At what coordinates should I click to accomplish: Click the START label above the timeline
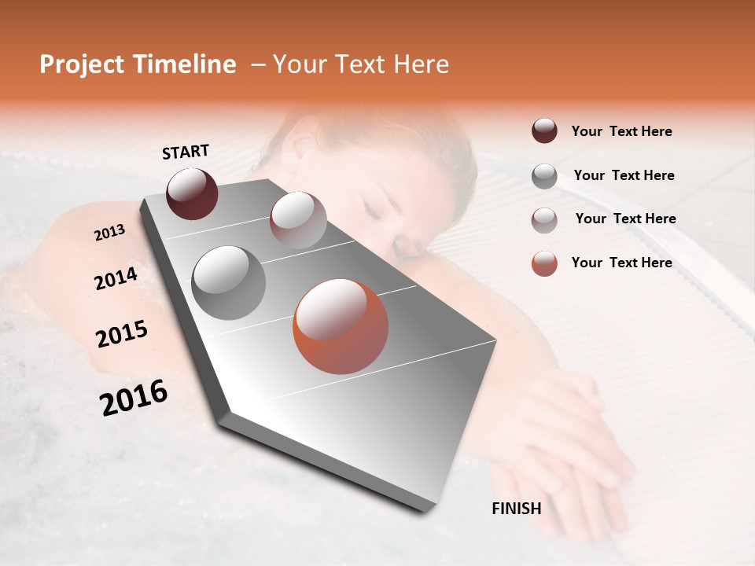tap(186, 152)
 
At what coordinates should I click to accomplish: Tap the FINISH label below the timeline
tap(517, 509)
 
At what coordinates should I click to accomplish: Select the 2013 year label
tap(109, 233)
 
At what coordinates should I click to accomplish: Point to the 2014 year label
tap(116, 279)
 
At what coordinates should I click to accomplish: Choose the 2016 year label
tap(134, 398)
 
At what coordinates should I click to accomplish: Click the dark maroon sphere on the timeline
tap(192, 193)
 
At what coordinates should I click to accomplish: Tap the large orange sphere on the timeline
tap(341, 326)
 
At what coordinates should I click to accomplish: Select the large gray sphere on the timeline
tap(229, 283)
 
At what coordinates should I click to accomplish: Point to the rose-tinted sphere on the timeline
tap(298, 221)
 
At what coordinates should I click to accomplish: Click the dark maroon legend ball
tap(544, 130)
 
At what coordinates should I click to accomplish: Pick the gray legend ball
tap(544, 176)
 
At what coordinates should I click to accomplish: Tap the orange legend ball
tap(544, 263)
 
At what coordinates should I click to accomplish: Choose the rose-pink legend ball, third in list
tap(544, 220)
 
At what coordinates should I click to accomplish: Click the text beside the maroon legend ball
tap(621, 131)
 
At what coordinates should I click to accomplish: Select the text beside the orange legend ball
tap(621, 263)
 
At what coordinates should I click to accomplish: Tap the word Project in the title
tap(82, 64)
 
